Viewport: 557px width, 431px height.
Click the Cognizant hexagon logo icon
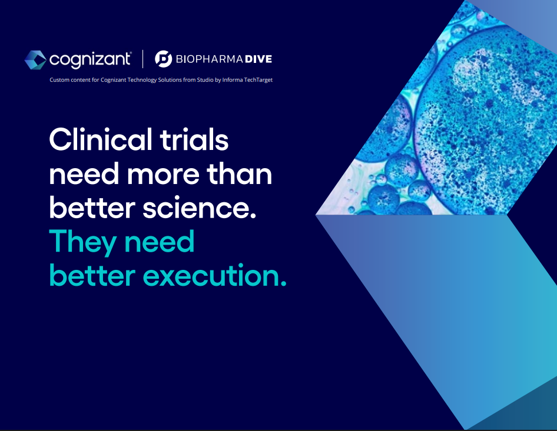click(x=35, y=59)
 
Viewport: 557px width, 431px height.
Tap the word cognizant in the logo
click(x=90, y=59)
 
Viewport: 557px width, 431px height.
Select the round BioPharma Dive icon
click(x=164, y=59)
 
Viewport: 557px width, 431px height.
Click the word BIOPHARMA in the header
click(x=209, y=59)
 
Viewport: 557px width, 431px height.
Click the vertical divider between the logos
click(x=143, y=59)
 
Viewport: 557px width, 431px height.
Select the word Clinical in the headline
click(x=101, y=139)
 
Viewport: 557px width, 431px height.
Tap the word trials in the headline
click(x=194, y=139)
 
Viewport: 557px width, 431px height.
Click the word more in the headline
click(x=163, y=175)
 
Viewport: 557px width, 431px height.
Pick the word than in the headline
click(x=240, y=173)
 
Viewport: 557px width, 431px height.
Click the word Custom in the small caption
click(x=59, y=80)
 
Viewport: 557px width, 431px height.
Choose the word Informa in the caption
click(x=233, y=80)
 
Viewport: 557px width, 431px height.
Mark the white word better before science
click(x=92, y=207)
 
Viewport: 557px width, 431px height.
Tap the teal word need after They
click(x=160, y=242)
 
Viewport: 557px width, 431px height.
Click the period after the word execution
click(x=283, y=283)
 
